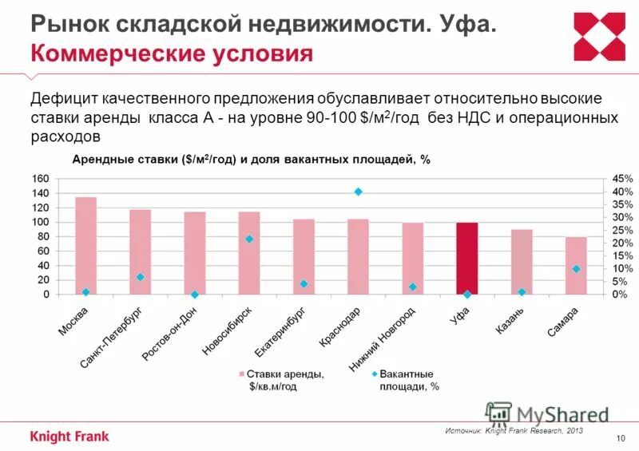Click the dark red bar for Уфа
[x=467, y=259]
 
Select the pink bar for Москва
[x=85, y=246]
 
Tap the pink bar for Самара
[x=576, y=266]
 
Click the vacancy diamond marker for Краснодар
[x=359, y=192]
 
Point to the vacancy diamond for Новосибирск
[x=249, y=239]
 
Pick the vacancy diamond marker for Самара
[x=576, y=269]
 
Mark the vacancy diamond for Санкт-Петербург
[x=141, y=277]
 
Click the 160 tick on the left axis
[x=40, y=178]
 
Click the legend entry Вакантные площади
[x=406, y=379]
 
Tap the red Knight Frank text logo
[x=69, y=436]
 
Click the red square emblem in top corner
[x=600, y=37]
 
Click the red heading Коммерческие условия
[x=171, y=54]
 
